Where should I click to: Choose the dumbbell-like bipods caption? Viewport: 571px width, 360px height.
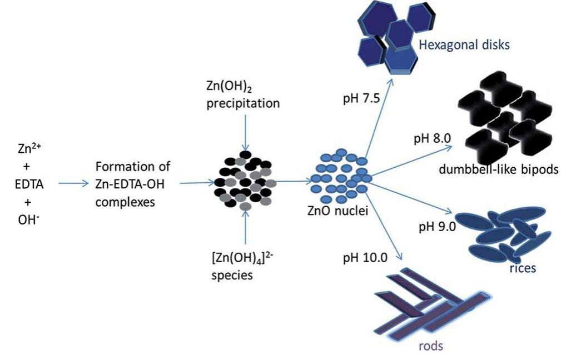point(497,170)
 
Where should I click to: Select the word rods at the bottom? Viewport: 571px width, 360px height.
point(430,347)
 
